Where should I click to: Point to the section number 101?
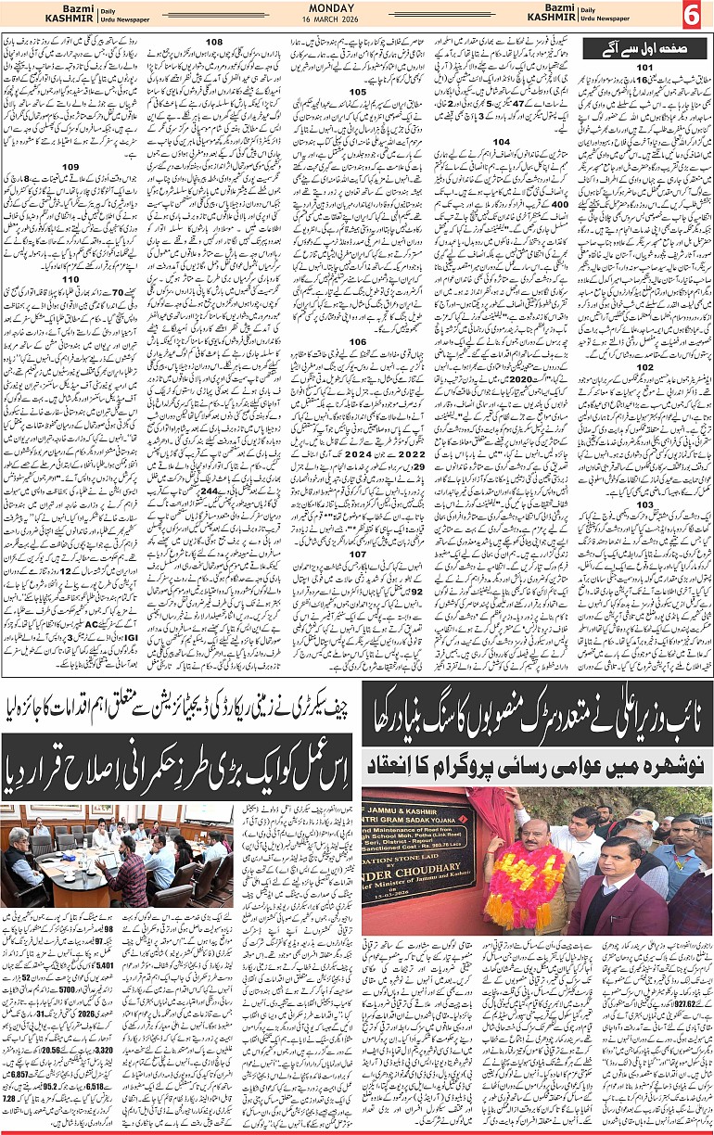[644, 69]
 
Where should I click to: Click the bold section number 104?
[501, 141]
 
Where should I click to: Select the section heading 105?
[357, 93]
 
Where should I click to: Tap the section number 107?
[357, 554]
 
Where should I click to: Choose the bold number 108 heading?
[214, 43]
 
